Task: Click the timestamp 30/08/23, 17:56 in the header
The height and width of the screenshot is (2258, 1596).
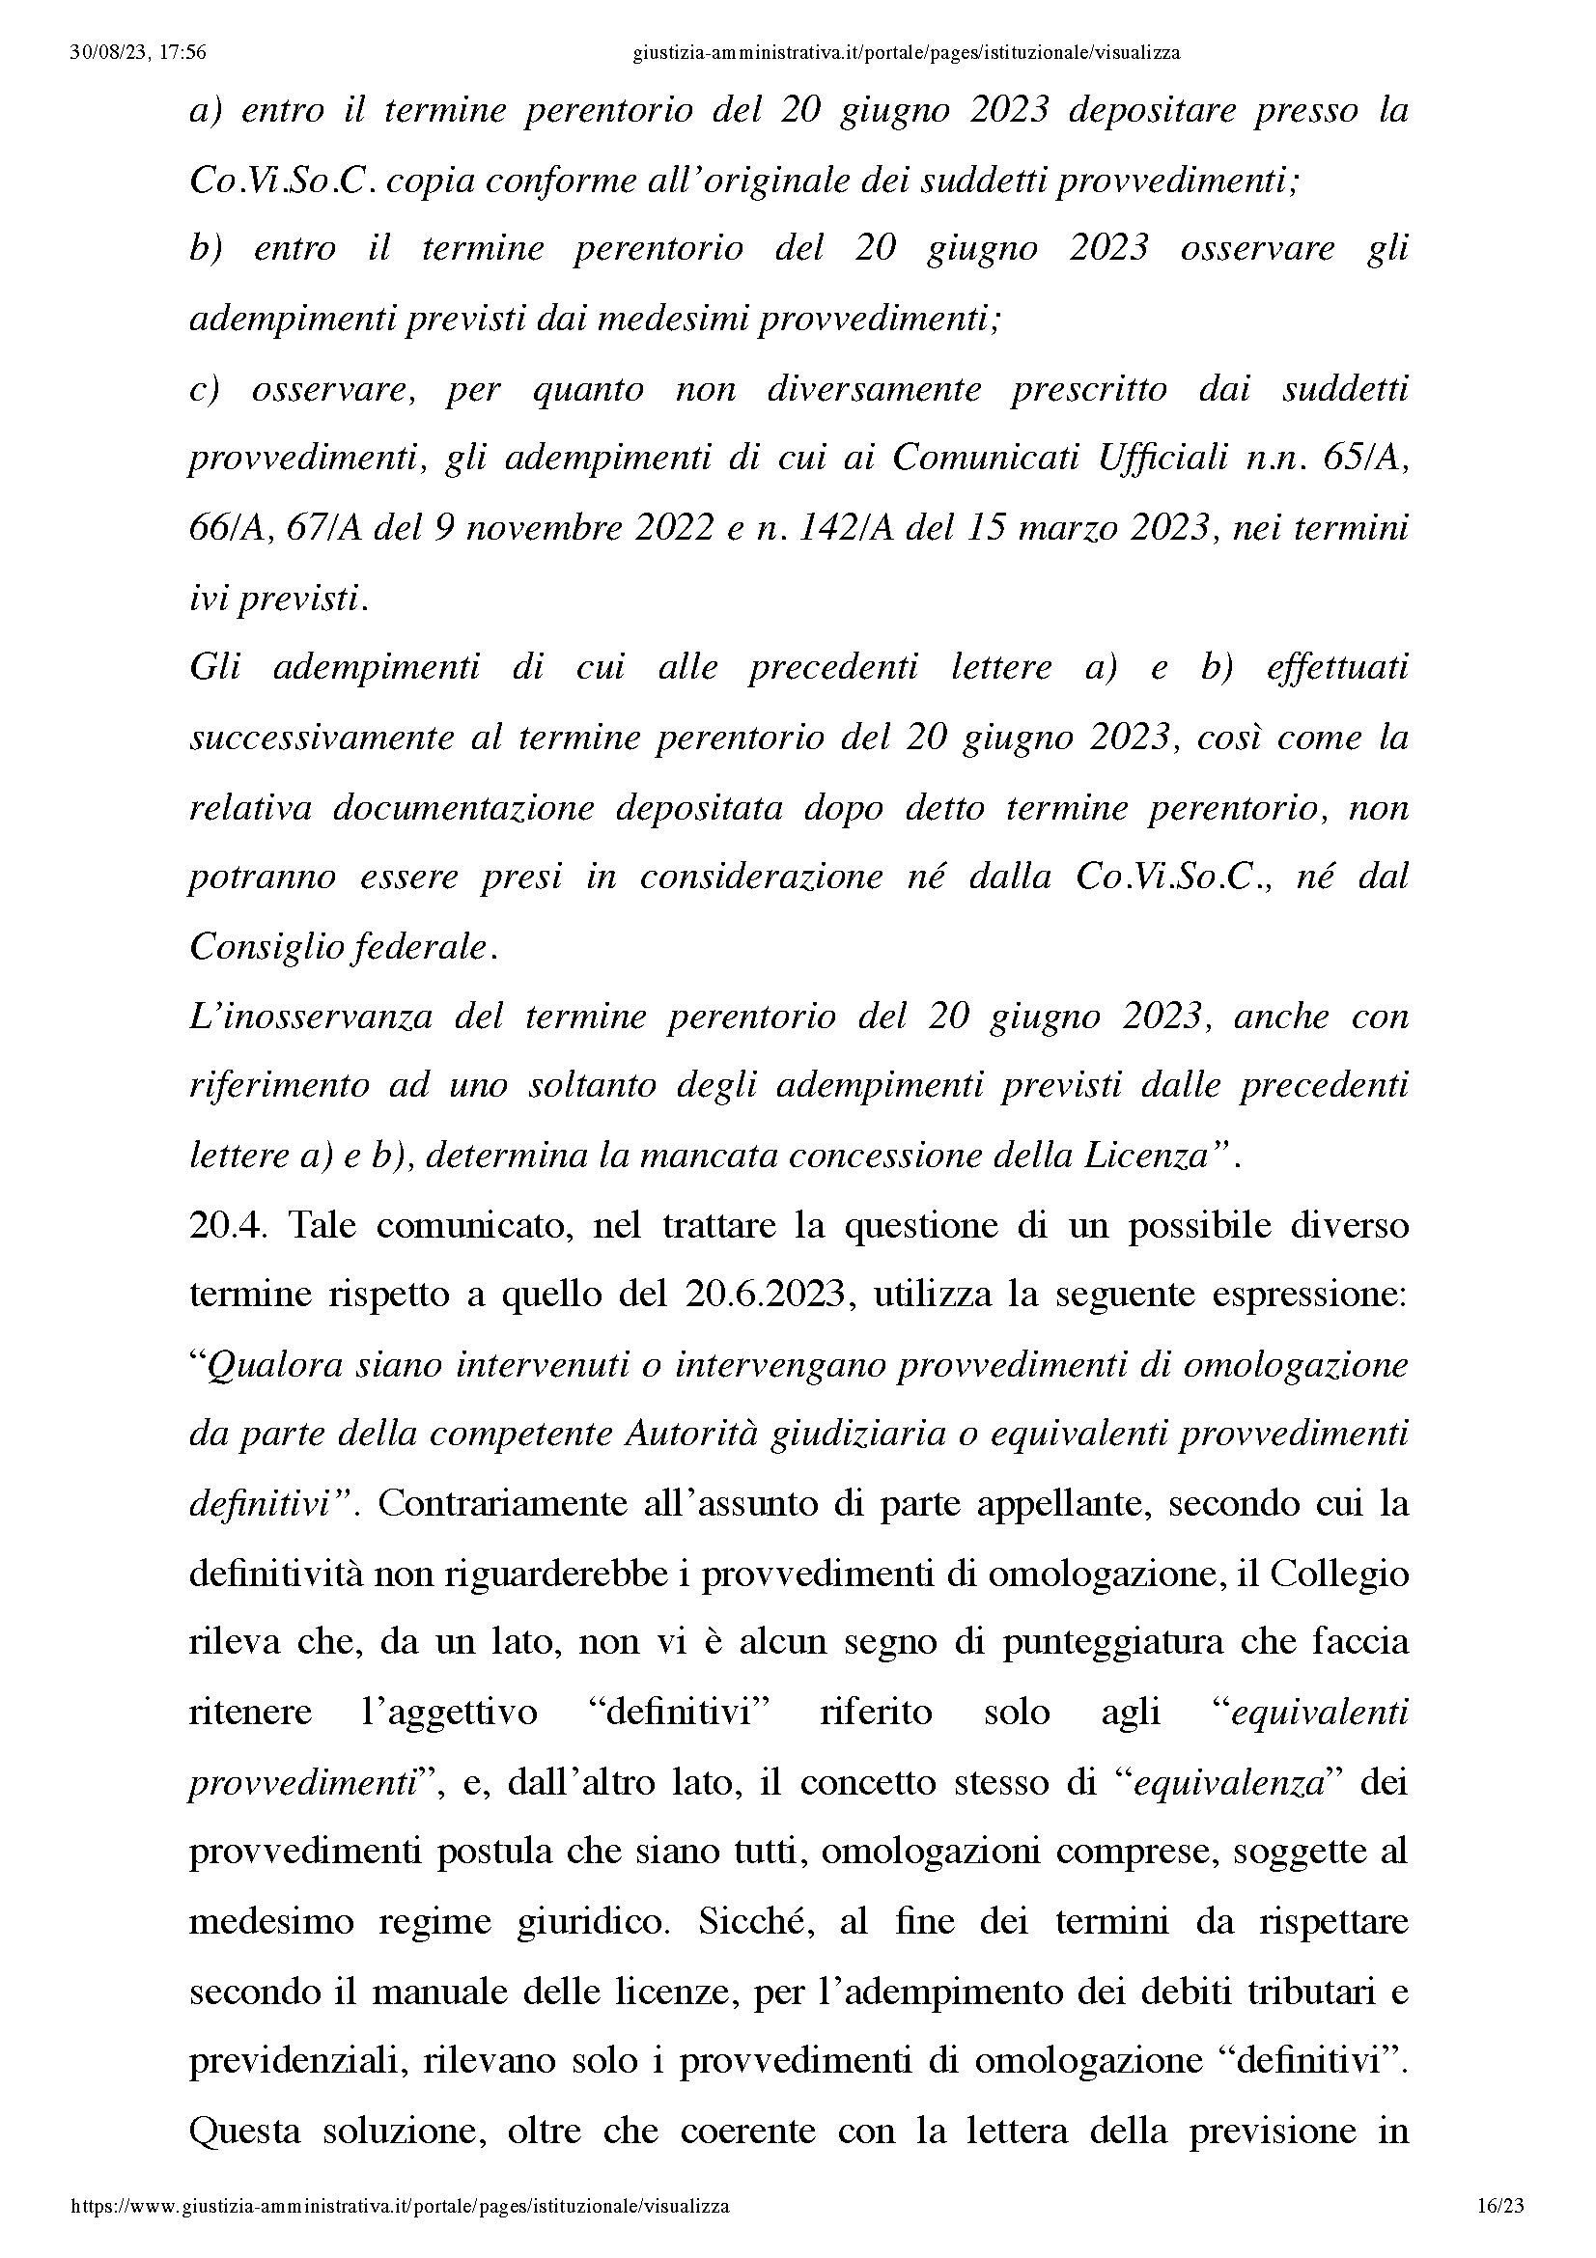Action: click(138, 53)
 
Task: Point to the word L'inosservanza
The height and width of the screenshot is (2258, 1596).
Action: click(311, 1016)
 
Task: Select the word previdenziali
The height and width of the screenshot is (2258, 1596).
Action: click(296, 2062)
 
